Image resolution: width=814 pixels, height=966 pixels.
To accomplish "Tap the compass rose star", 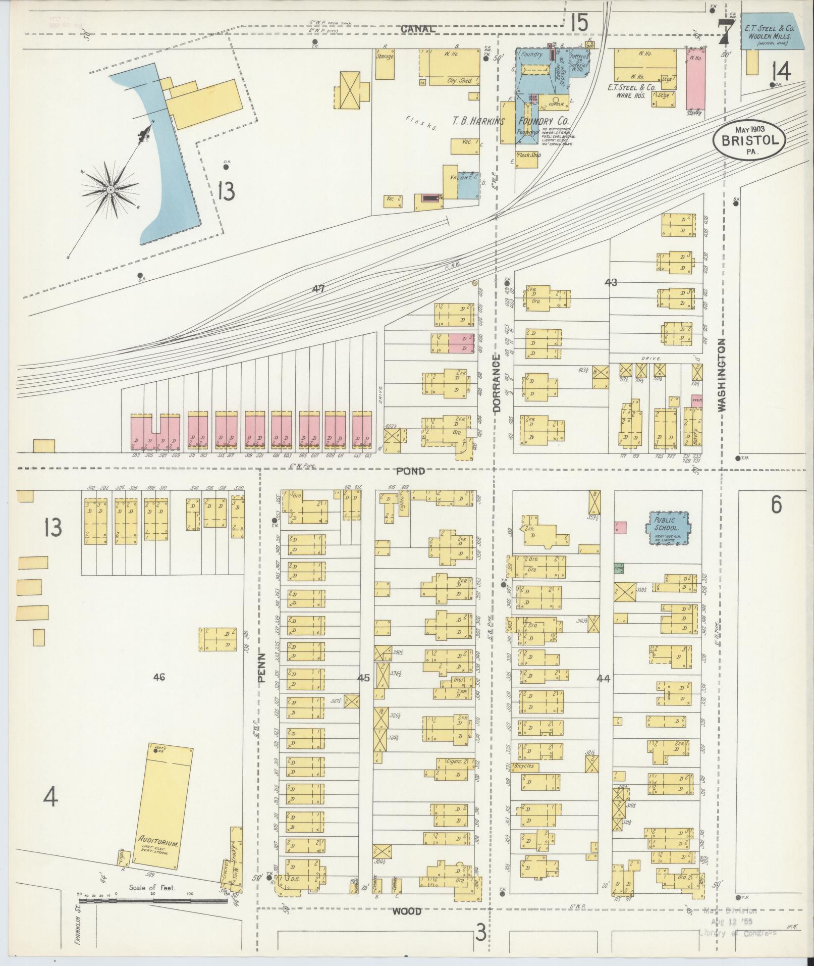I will (x=110, y=189).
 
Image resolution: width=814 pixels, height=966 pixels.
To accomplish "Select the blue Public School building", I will (x=667, y=528).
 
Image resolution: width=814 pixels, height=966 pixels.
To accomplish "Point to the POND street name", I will (x=410, y=471).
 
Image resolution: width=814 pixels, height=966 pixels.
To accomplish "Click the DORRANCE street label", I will (x=496, y=384).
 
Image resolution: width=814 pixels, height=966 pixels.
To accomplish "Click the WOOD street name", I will (x=407, y=911).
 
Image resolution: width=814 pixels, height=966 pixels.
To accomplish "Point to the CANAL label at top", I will (x=418, y=29).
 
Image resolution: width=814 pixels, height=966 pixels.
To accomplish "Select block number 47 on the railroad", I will (x=318, y=289).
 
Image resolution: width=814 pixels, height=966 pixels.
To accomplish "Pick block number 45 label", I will (x=363, y=678).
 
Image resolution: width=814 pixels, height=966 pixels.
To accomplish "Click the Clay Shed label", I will (x=460, y=80).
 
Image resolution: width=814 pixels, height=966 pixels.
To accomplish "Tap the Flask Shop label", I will (x=528, y=156).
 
